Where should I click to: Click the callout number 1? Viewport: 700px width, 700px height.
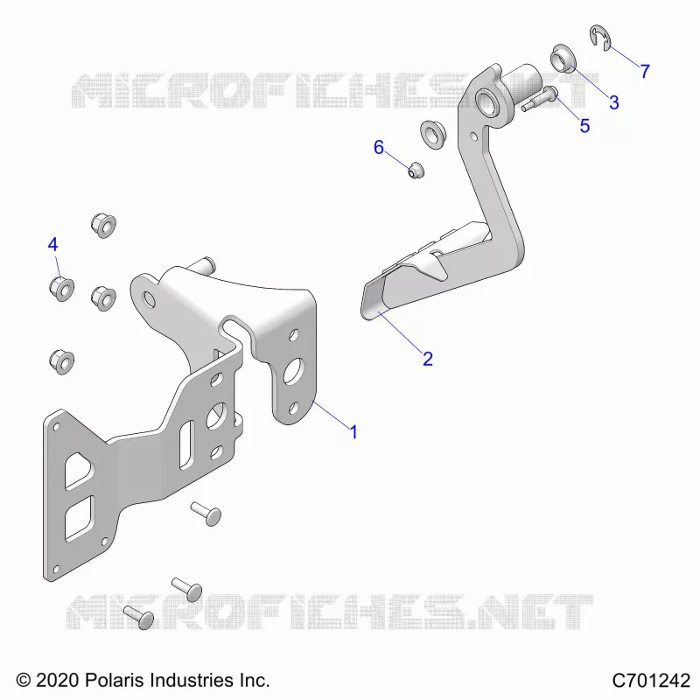point(353,432)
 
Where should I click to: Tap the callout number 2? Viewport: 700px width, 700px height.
point(428,359)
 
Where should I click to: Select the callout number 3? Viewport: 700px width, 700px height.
point(614,102)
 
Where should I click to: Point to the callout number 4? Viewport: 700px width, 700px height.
point(52,245)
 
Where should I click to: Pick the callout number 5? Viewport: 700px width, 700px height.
point(584,126)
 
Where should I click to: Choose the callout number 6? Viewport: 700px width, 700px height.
point(379,147)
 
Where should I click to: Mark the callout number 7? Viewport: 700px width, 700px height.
point(645,72)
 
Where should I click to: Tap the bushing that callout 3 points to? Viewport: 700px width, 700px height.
point(563,59)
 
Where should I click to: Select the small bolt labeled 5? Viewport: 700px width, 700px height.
point(539,100)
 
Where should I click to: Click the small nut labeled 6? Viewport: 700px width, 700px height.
point(416,170)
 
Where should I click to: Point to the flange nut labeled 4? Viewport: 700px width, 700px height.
point(61,289)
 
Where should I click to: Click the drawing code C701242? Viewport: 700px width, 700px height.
point(651,681)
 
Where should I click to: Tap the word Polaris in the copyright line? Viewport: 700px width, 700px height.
point(114,681)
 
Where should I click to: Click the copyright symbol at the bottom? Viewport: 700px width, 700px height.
point(24,681)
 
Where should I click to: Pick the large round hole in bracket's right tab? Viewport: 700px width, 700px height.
point(293,371)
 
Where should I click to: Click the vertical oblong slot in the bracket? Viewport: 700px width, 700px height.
point(186,445)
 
